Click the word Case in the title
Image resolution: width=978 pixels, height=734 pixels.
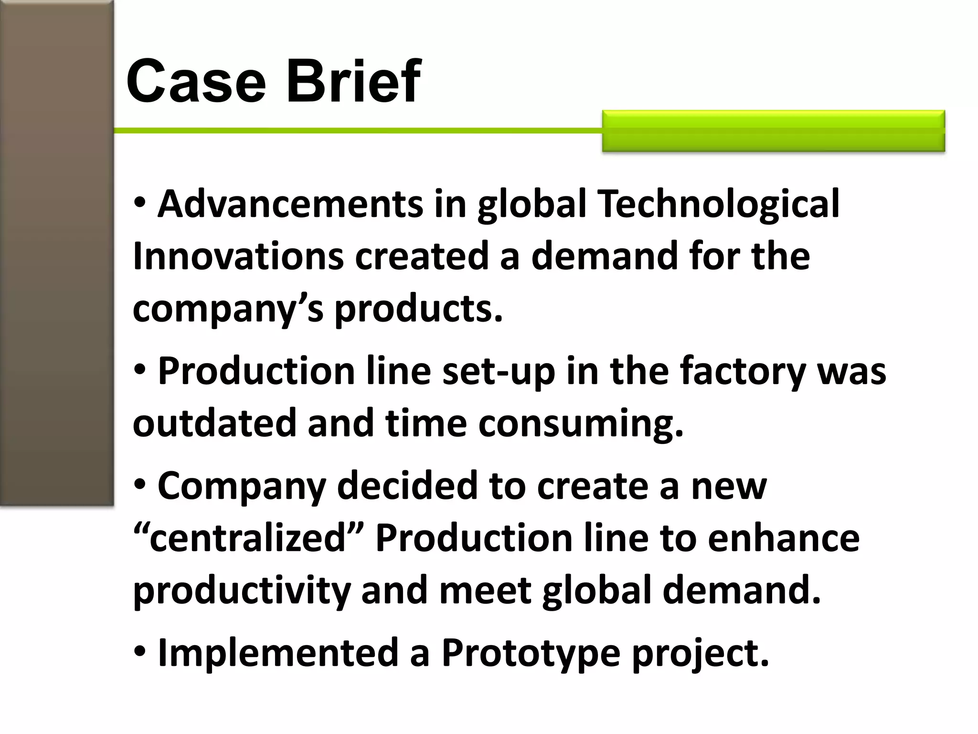196,81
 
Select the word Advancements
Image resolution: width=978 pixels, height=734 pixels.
290,204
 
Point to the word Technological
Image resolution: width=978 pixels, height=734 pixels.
718,204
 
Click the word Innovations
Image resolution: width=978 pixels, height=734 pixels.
238,257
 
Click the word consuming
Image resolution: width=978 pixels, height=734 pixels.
581,423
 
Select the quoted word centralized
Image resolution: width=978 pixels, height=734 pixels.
247,538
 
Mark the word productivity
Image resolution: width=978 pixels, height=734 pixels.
241,591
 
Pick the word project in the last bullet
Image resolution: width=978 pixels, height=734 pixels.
700,653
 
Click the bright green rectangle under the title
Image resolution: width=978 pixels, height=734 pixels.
773,131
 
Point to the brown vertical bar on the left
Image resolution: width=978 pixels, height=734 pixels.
57,253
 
